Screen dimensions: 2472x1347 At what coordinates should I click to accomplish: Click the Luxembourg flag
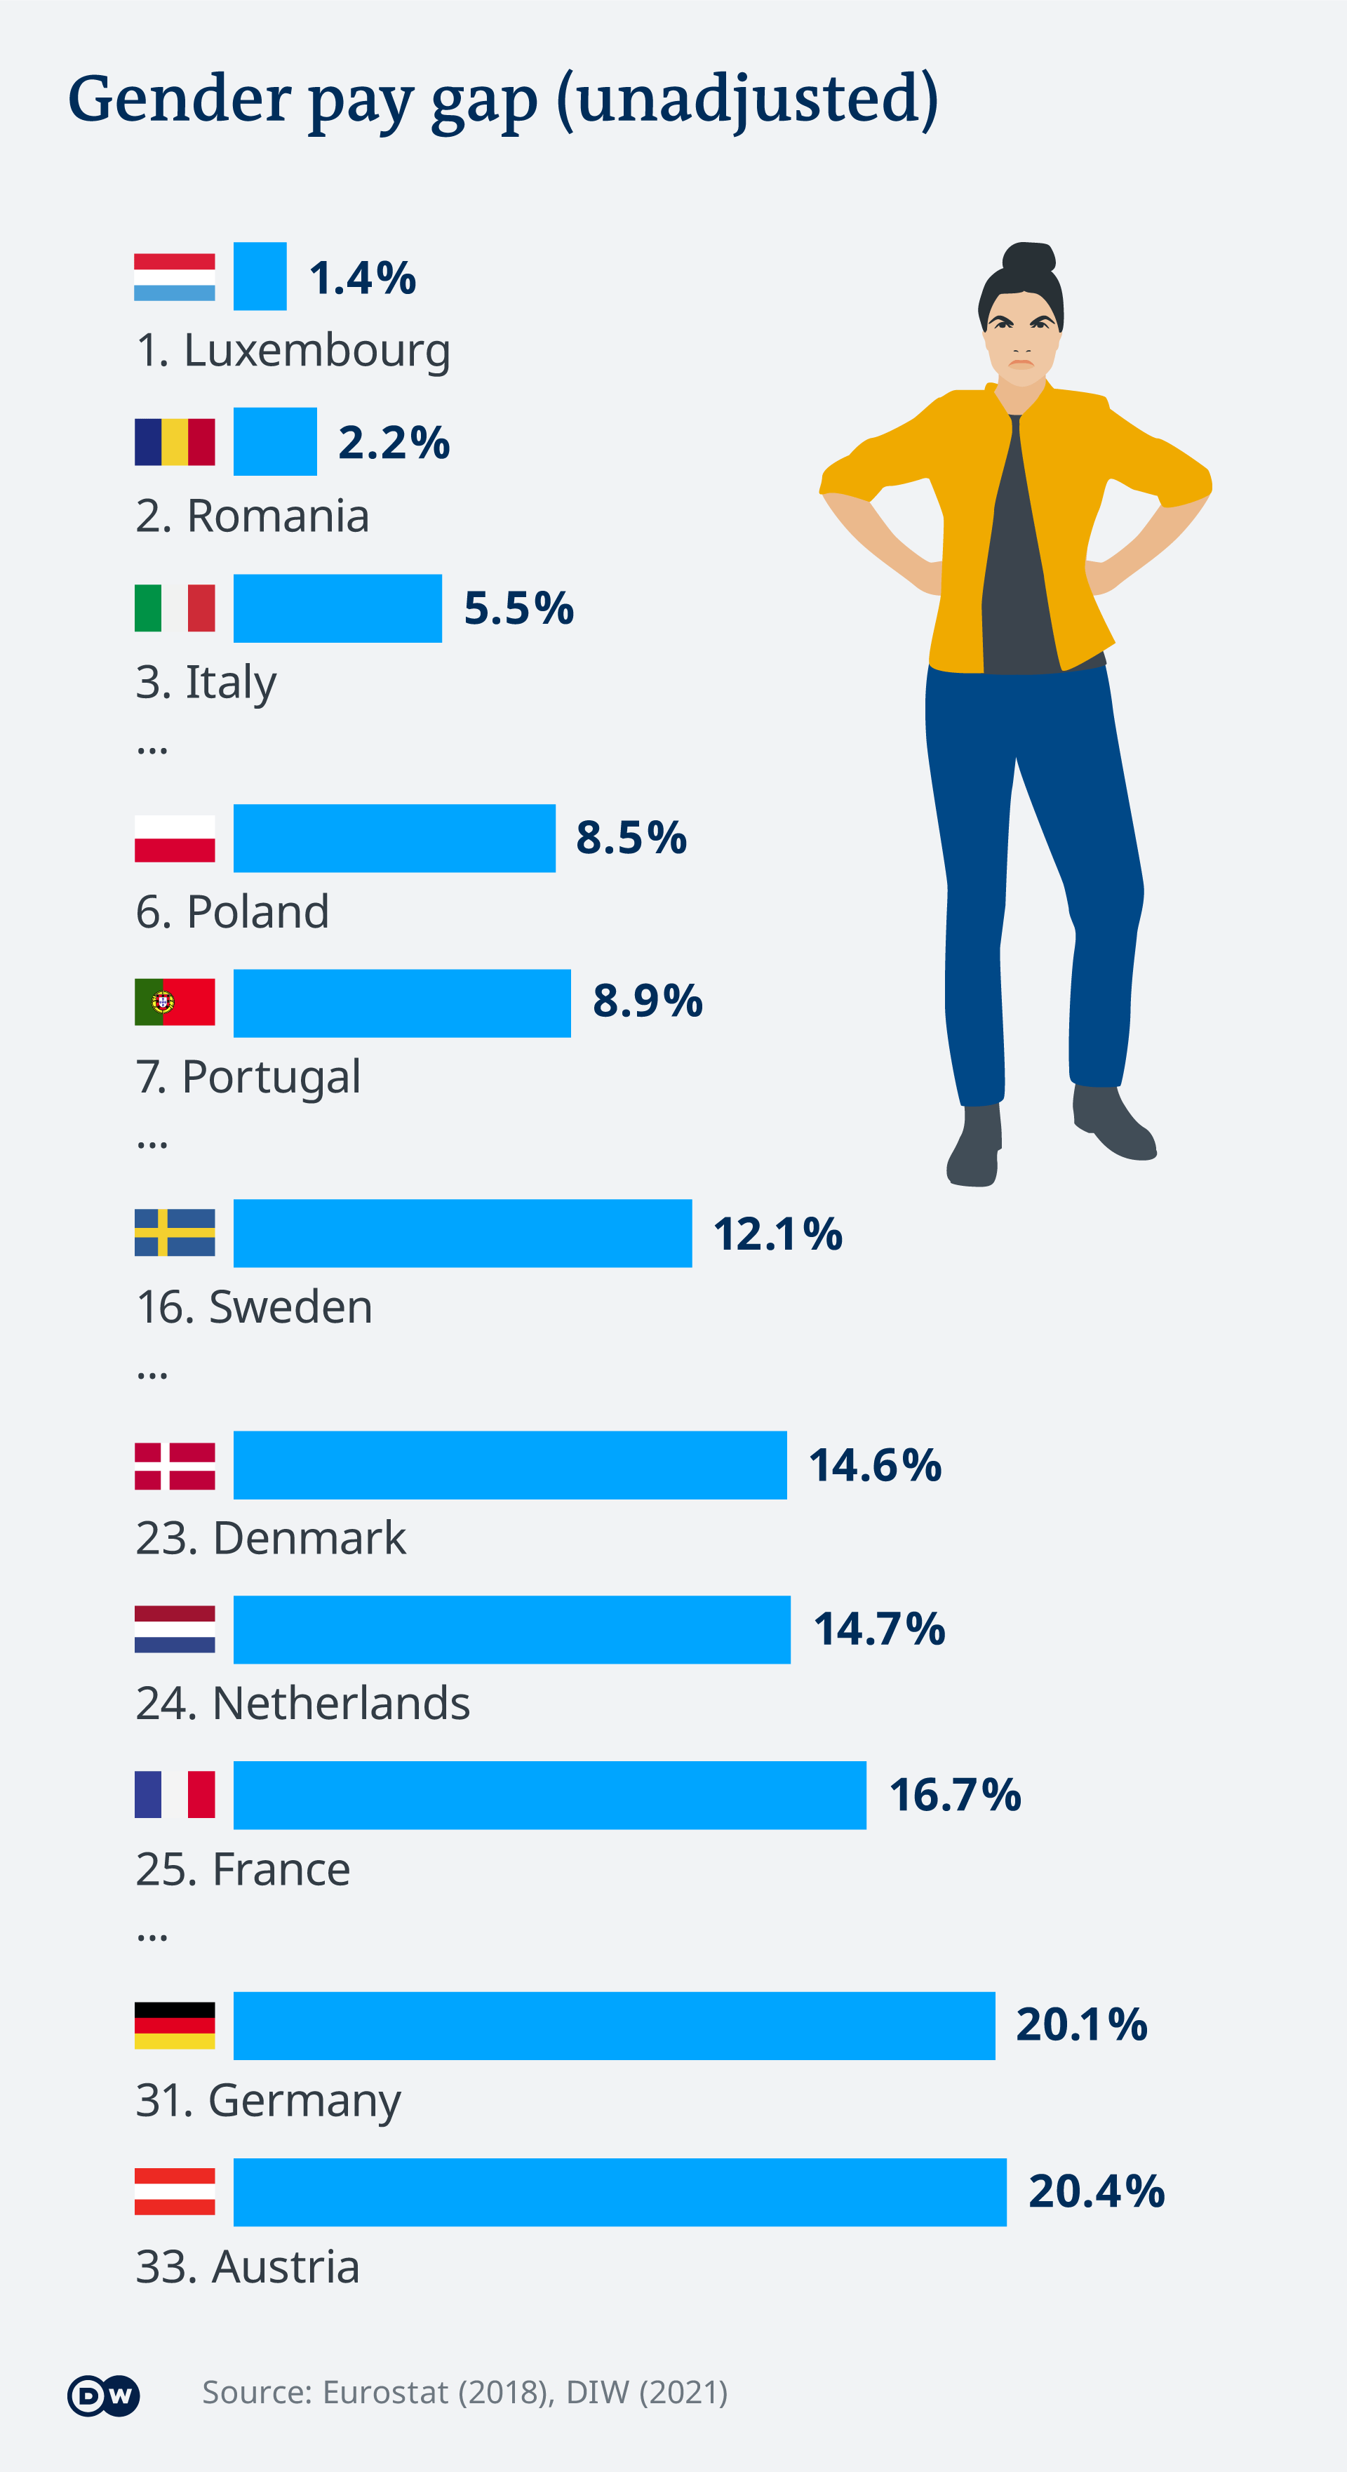coord(175,277)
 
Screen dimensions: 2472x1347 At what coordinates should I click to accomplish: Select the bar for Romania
coord(274,441)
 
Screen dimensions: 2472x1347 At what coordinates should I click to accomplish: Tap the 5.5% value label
coord(518,608)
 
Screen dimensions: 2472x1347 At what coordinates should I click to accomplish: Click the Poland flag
coord(175,838)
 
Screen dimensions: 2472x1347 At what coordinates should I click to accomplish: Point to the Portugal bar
coord(401,1003)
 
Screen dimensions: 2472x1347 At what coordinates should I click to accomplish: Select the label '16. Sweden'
coord(254,1307)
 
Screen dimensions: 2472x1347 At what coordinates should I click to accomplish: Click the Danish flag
coord(175,1465)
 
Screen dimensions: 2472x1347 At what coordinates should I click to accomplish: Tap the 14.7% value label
coord(879,1629)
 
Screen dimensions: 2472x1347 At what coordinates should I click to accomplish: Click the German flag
coord(175,2026)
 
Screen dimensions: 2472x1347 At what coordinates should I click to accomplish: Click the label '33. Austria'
coord(248,2266)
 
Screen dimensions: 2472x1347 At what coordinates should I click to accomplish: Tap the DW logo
coord(102,2396)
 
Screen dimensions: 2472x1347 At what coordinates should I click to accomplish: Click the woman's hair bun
coord(1028,259)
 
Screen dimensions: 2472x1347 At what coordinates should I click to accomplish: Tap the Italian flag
coord(175,608)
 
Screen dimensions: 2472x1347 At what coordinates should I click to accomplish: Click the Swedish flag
coord(175,1233)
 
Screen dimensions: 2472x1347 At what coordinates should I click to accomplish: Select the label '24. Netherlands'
coord(302,1704)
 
